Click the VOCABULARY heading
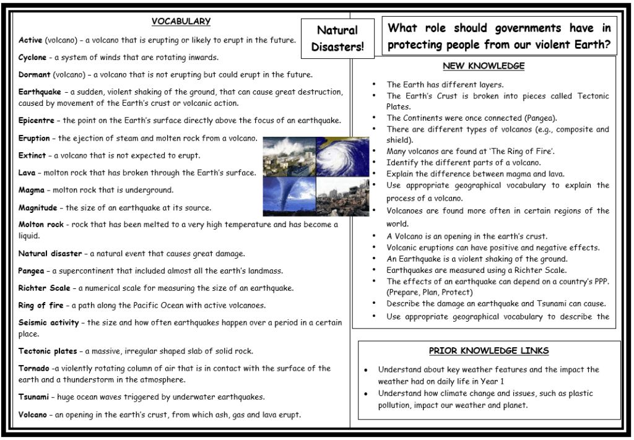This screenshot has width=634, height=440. [181, 22]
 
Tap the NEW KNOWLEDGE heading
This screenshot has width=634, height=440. [484, 66]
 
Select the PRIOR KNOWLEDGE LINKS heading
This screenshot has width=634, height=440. [489, 351]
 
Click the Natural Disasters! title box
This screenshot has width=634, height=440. [337, 38]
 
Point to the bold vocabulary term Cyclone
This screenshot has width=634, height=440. [32, 58]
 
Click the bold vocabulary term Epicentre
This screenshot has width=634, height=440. [37, 121]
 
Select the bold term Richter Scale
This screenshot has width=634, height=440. [45, 288]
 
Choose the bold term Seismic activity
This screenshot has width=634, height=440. [48, 322]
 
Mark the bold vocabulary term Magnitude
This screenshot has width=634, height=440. [38, 208]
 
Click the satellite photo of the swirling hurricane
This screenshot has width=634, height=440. [343, 157]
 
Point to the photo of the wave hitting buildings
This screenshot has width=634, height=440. [289, 157]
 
